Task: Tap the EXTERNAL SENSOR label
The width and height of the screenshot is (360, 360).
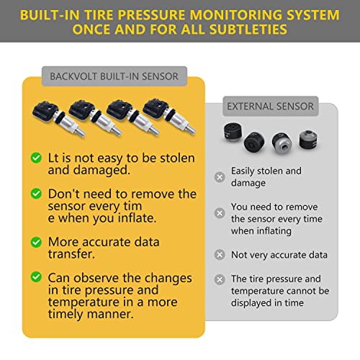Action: pos(270,106)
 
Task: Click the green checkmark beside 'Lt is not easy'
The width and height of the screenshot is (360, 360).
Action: pos(35,157)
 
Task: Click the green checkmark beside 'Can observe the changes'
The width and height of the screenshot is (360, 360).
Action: pos(35,277)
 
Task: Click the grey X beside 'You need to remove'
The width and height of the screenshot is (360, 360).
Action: pos(220,213)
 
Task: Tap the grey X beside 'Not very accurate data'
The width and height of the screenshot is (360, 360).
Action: pos(220,255)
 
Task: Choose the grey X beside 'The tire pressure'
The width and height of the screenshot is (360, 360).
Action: pos(220,279)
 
